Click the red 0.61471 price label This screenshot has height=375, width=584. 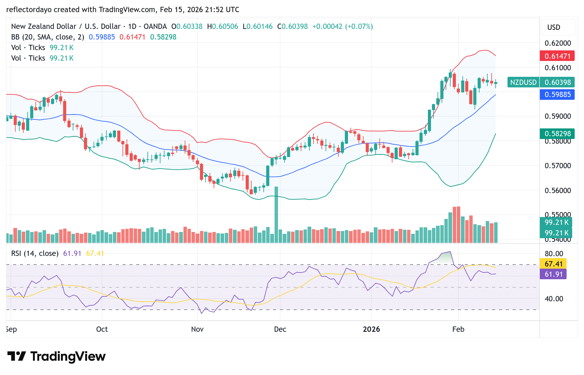[x=557, y=56]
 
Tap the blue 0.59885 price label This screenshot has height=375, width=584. [x=557, y=95]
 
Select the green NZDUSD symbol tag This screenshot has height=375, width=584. [x=523, y=82]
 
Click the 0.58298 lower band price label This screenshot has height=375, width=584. [x=557, y=134]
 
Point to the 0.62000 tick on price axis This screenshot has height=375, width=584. [x=558, y=43]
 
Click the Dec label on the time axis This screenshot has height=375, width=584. [x=280, y=329]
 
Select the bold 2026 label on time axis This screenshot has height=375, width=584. [x=371, y=329]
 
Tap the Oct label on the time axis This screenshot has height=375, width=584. [x=102, y=329]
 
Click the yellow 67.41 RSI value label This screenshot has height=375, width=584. [x=553, y=264]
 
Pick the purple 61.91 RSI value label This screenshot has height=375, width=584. [x=553, y=274]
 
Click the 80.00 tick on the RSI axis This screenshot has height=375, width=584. [x=554, y=254]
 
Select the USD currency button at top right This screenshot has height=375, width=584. [x=554, y=27]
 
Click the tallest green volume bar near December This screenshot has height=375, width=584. [x=276, y=215]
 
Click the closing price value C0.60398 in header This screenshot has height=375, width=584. [x=292, y=26]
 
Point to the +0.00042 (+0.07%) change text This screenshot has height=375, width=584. [x=342, y=26]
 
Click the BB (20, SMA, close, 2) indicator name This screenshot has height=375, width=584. [x=48, y=37]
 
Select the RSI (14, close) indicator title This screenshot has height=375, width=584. [x=35, y=253]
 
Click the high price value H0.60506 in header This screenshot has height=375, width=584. [x=223, y=26]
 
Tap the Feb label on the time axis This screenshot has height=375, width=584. [x=458, y=329]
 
